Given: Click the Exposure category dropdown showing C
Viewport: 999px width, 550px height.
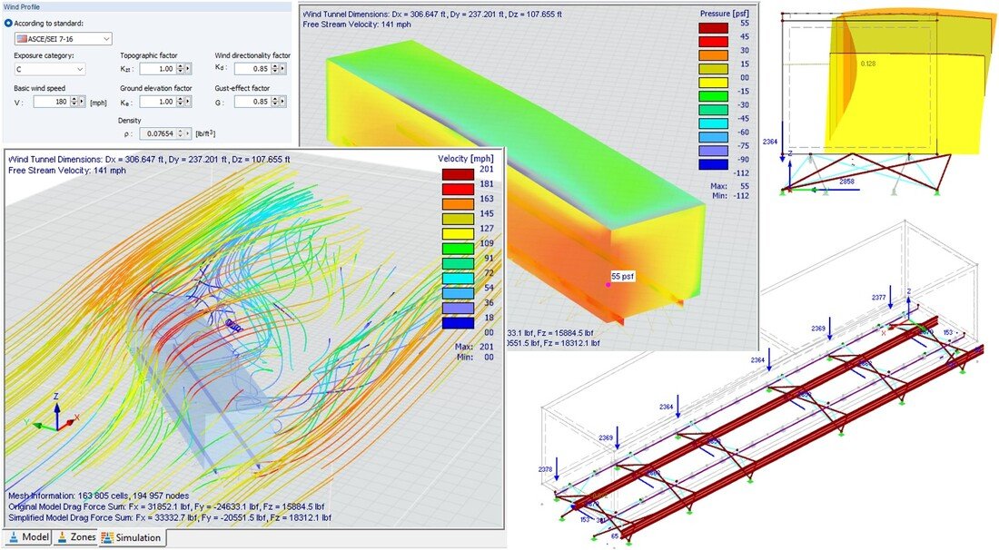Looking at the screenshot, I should pyautogui.click(x=50, y=69).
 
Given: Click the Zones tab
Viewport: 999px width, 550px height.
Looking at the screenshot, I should pyautogui.click(x=76, y=538).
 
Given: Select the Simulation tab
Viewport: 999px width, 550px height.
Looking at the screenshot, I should pyautogui.click(x=131, y=538).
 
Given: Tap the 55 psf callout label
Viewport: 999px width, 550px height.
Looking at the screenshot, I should pyautogui.click(x=623, y=276).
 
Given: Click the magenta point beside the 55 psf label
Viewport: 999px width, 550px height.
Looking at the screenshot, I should pyautogui.click(x=608, y=284).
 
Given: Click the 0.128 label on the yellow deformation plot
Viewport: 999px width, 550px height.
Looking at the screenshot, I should pyautogui.click(x=869, y=64).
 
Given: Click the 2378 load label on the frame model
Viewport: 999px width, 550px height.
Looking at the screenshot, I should pyautogui.click(x=545, y=469).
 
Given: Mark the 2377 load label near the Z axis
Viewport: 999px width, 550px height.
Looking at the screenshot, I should pyautogui.click(x=877, y=297).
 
